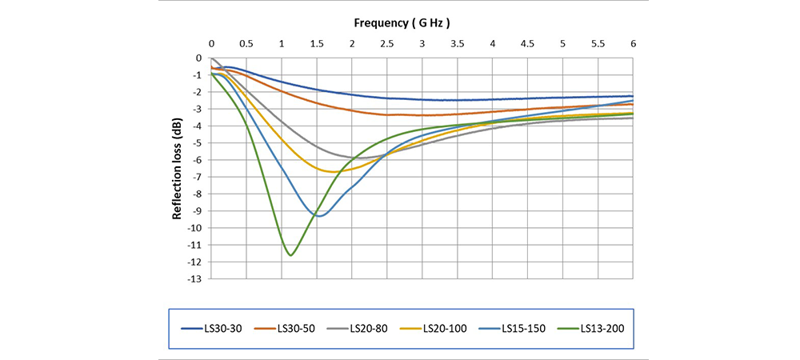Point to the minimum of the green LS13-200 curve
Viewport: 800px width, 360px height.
[291, 255]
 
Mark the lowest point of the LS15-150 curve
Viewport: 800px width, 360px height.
[320, 216]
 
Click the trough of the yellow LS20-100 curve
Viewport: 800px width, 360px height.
[332, 172]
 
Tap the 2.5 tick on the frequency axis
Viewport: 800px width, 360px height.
[386, 44]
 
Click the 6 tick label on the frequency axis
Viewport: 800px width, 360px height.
[633, 44]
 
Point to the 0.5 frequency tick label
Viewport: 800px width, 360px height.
[246, 44]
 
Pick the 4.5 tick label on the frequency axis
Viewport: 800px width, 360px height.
[527, 44]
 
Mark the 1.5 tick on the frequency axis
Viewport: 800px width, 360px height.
[316, 44]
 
